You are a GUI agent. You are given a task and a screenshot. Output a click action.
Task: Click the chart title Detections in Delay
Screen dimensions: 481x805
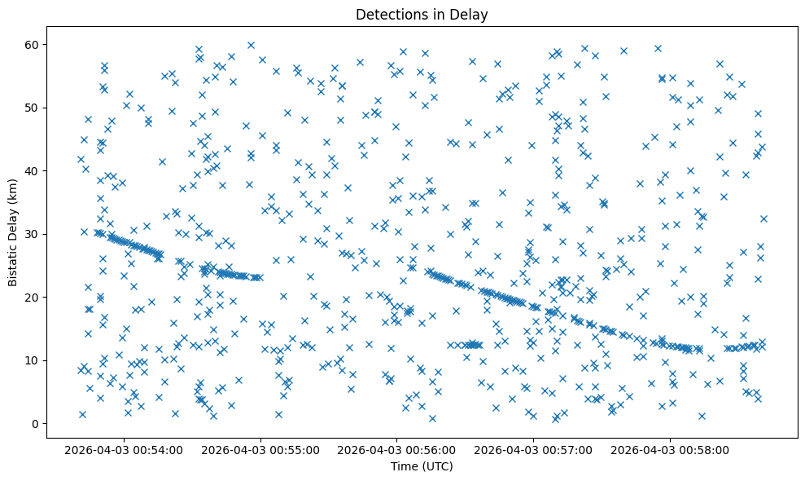point(422,14)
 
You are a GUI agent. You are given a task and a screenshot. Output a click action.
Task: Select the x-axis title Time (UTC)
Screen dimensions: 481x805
point(422,466)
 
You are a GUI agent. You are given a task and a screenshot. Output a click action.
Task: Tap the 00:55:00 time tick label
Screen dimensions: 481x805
point(261,449)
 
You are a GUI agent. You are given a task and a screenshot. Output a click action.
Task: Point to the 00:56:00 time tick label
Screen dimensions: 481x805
point(397,449)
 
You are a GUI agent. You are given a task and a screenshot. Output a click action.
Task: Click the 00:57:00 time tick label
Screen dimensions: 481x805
point(534,449)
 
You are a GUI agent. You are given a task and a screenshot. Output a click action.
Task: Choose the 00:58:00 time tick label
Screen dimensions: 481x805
point(671,449)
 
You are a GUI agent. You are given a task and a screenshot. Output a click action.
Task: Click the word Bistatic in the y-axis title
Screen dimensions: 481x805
point(14,264)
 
